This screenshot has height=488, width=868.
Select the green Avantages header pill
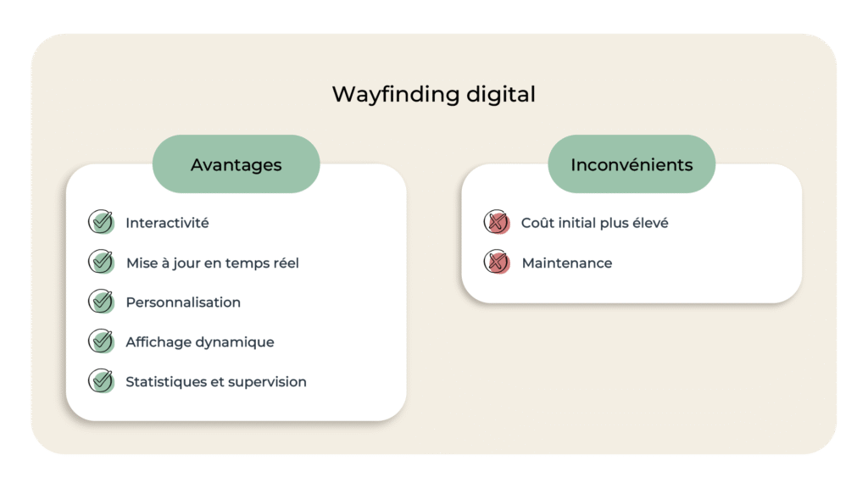pos(236,164)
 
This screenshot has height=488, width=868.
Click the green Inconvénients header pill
pos(632,164)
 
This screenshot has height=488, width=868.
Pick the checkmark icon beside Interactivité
pos(101,222)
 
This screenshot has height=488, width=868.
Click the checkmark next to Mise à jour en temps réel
pos(101,262)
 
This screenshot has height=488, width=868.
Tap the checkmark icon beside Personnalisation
pos(101,302)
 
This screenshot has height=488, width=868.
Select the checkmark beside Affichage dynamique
pos(101,341)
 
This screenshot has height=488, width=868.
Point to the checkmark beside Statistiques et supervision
pos(101,381)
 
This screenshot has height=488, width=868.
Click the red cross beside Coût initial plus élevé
pos(497,223)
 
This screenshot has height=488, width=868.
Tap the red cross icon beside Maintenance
pos(497,263)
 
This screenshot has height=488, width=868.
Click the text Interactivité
pos(167,223)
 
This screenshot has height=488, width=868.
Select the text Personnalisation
pos(183,302)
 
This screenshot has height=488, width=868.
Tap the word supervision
pos(267,382)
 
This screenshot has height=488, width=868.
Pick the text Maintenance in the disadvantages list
pos(566,263)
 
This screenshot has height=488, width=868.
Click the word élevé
pos(648,223)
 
